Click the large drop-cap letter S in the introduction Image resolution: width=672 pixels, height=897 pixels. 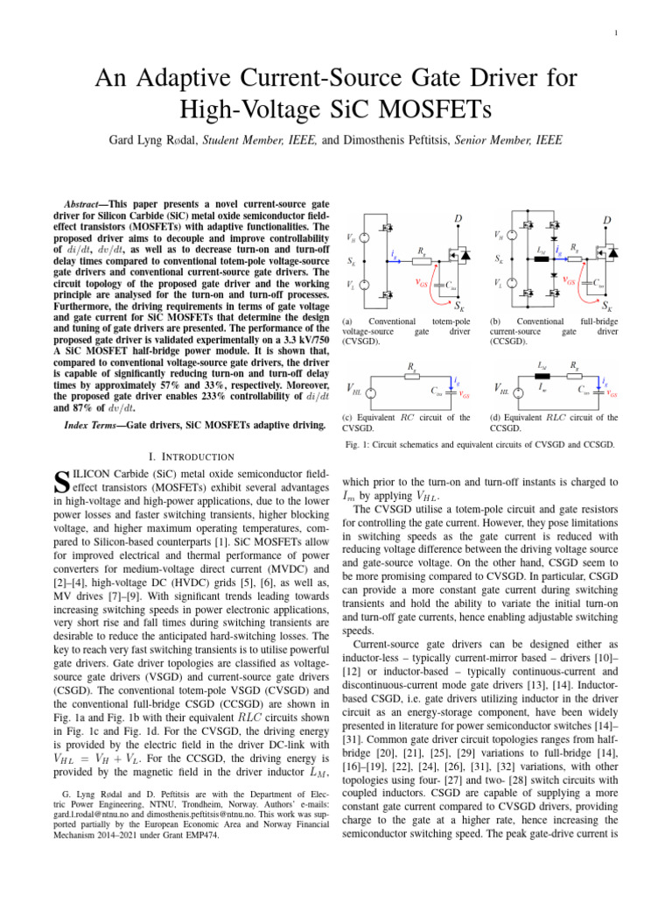pos(60,480)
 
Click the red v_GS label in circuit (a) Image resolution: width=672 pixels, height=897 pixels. pos(421,282)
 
